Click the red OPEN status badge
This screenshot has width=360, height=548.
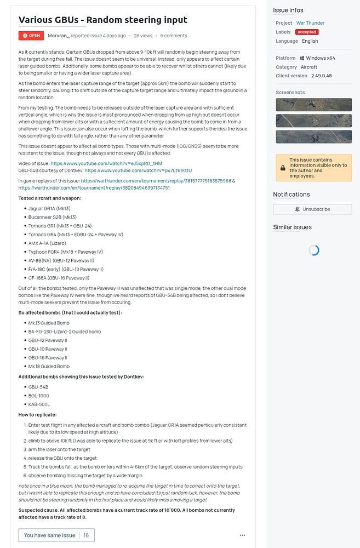pyautogui.click(x=31, y=36)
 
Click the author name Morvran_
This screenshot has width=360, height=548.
pyautogui.click(x=59, y=36)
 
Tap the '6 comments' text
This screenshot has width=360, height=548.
pyautogui.click(x=174, y=36)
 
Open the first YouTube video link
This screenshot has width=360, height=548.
pyautogui.click(x=106, y=163)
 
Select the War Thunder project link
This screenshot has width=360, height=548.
pyautogui.click(x=310, y=23)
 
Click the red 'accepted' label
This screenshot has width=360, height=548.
pyautogui.click(x=307, y=32)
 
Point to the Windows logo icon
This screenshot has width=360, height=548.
pyautogui.click(x=302, y=58)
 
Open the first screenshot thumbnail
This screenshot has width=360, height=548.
pyautogui.click(x=313, y=105)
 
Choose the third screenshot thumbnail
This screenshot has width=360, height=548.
pyautogui.click(x=313, y=136)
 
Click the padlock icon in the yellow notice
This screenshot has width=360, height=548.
pyautogui.click(x=282, y=168)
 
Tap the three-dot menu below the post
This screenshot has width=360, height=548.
pyautogui.click(x=242, y=535)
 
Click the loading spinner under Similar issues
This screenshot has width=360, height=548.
pyautogui.click(x=313, y=250)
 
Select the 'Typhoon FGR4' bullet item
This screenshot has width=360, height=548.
pyautogui.click(x=65, y=252)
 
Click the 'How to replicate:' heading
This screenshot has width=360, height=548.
pyautogui.click(x=38, y=415)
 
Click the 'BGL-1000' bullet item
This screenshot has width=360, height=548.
pyautogui.click(x=39, y=396)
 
